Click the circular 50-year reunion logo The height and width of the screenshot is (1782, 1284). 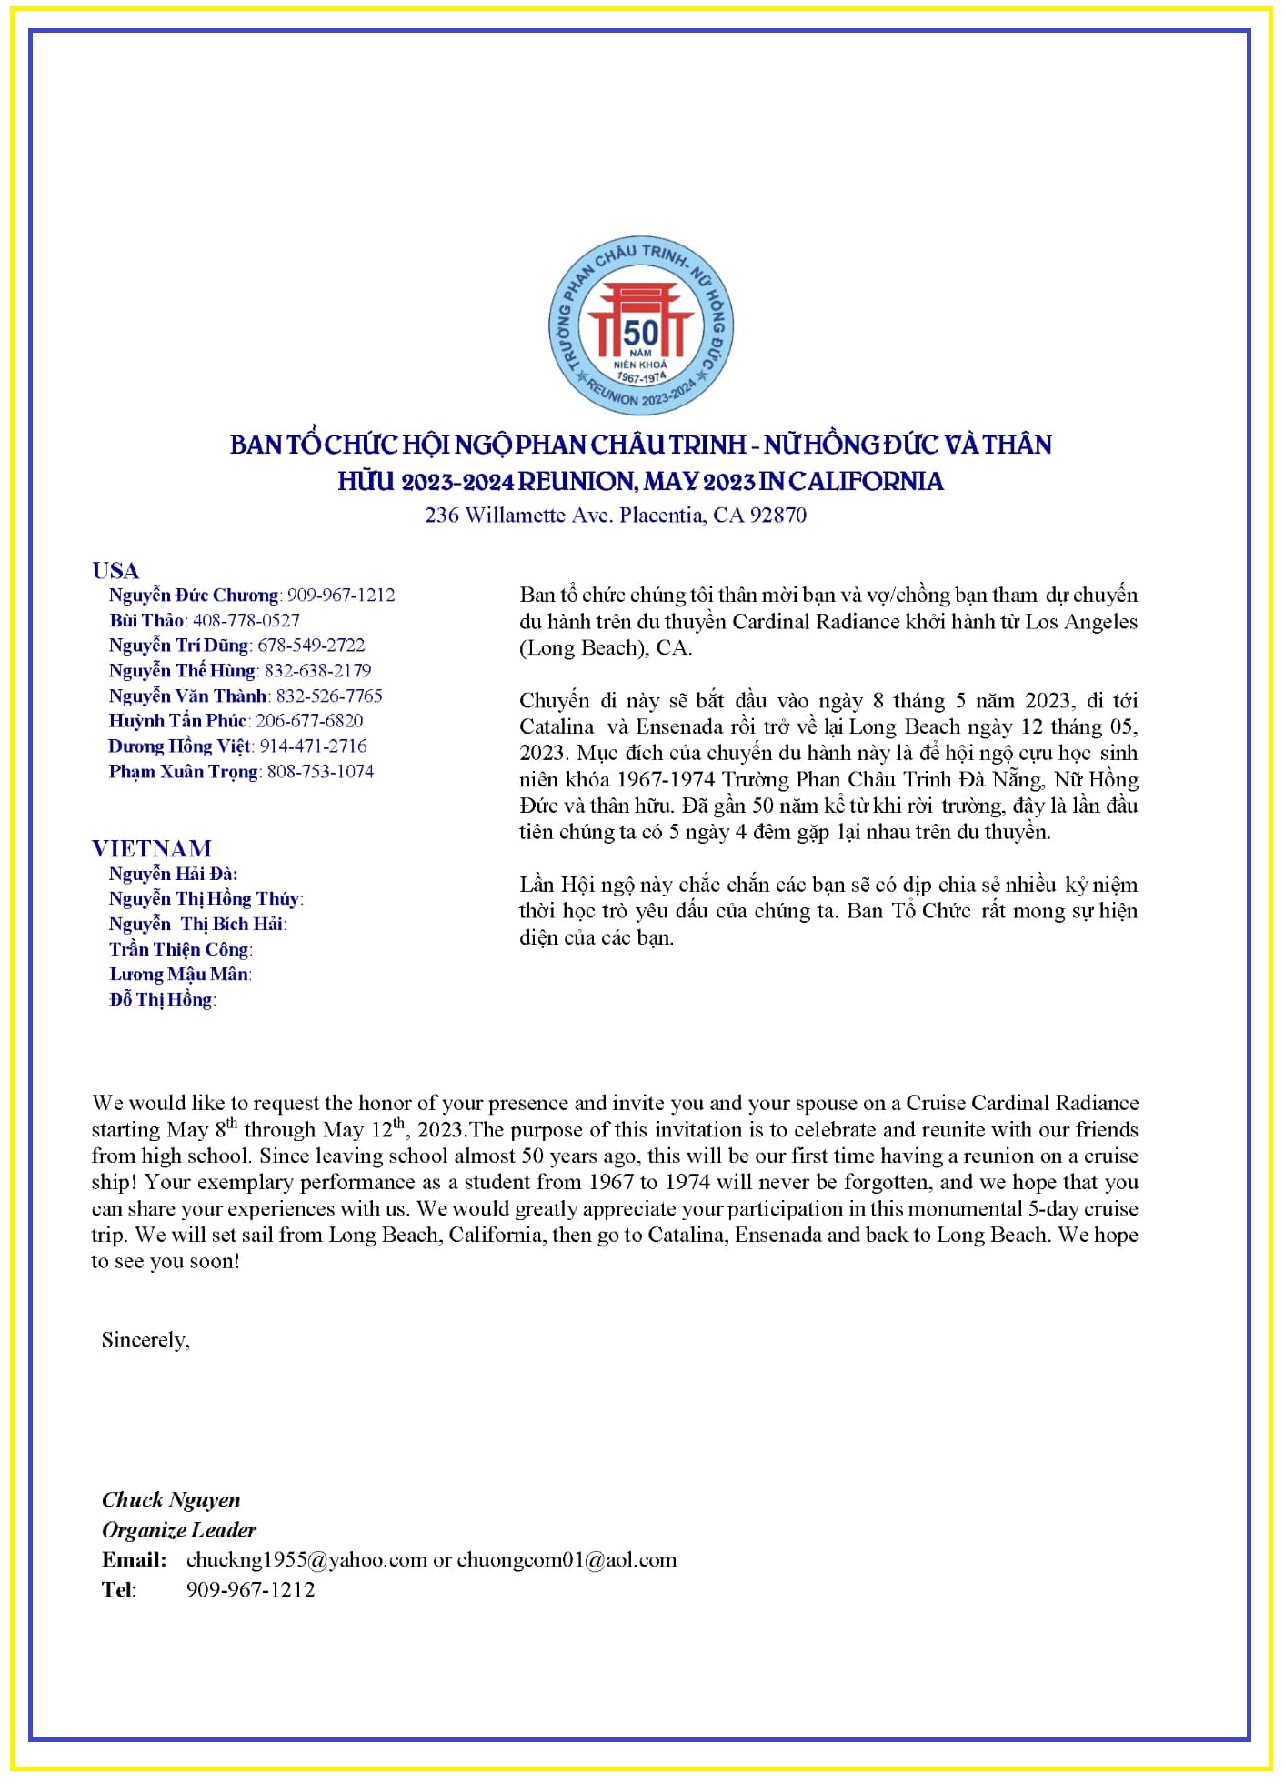point(640,326)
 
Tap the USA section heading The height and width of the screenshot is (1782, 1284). point(115,571)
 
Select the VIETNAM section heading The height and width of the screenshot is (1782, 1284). point(152,849)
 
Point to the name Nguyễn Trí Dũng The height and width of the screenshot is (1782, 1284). point(178,646)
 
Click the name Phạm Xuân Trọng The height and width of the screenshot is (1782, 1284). point(184,772)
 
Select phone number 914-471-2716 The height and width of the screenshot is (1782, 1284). point(314,746)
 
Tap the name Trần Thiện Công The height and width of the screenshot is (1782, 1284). point(179,950)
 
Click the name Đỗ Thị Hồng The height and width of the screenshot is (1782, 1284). point(161,1000)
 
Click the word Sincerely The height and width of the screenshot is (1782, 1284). point(145,1340)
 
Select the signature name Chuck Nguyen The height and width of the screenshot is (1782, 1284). point(171,1500)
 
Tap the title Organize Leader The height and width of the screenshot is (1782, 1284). point(179,1530)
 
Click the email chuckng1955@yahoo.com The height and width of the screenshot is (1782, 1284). point(306,1560)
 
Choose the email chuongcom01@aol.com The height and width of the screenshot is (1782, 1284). point(567,1560)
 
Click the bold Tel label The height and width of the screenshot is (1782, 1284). point(119,1590)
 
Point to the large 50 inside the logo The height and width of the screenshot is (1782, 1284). point(640,332)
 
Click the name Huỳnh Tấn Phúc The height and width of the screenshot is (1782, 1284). point(177,721)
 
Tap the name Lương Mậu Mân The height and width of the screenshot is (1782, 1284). point(178,975)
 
